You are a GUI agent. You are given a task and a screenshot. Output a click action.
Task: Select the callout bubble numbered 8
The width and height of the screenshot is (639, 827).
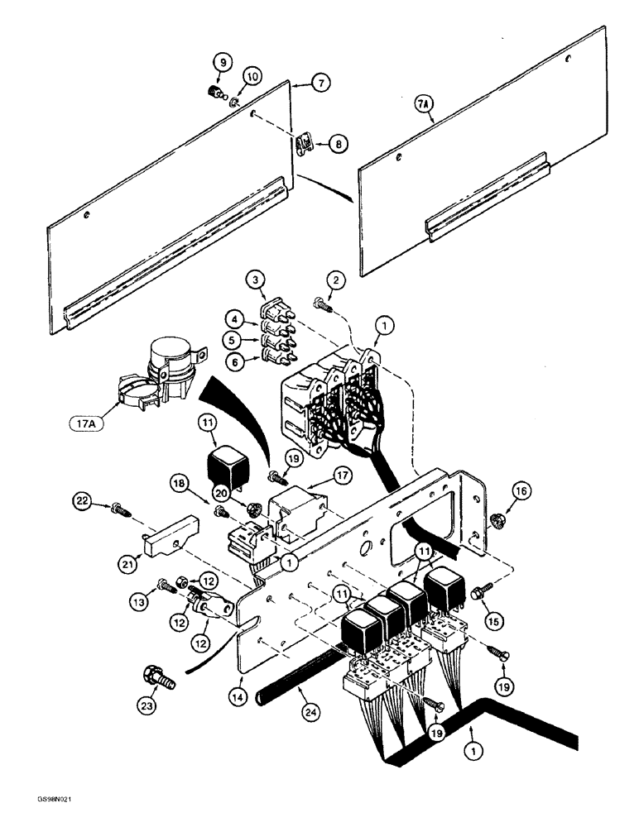coord(338,142)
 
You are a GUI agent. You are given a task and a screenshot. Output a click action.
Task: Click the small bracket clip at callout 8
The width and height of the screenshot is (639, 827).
coord(305,147)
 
